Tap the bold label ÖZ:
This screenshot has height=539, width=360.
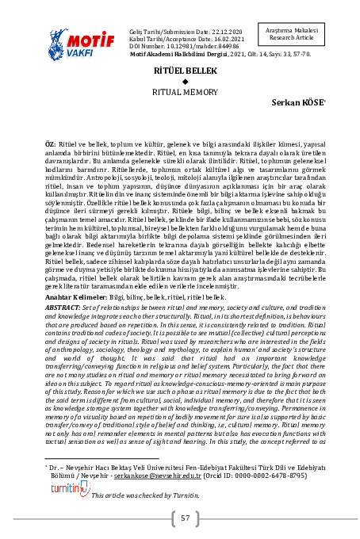coord(48,138)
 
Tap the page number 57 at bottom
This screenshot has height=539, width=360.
coord(184,518)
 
